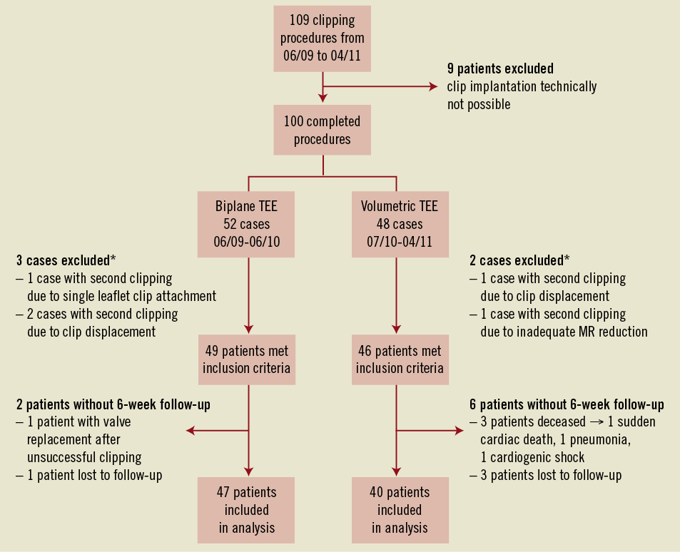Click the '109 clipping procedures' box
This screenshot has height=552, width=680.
[323, 37]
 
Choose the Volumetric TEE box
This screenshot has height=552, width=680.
[400, 225]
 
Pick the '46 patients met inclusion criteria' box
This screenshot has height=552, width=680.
[400, 359]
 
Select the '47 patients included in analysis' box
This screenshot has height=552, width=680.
[246, 510]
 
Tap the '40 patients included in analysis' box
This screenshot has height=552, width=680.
[400, 510]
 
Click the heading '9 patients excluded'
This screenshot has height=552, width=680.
[500, 69]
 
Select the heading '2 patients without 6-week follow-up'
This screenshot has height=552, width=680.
[113, 405]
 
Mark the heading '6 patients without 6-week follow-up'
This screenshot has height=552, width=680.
[567, 405]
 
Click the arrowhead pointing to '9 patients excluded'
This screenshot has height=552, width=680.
[433, 87]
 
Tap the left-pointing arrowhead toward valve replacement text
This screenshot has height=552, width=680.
[191, 430]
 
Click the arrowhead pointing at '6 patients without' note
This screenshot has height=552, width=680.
[458, 430]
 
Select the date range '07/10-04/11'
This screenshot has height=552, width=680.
[400, 242]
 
